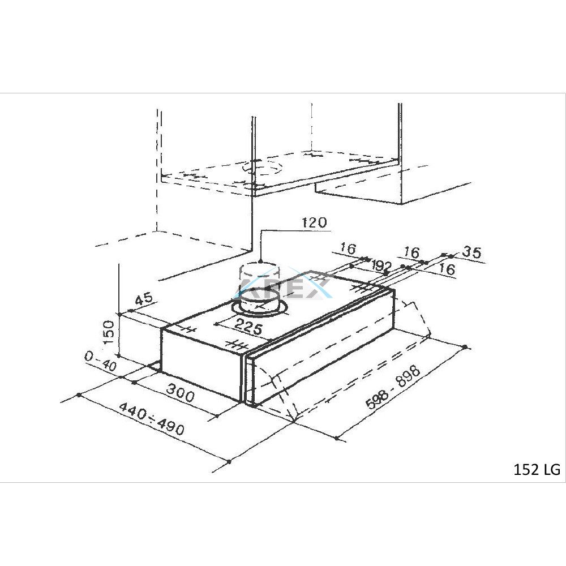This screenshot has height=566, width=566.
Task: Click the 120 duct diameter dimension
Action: click(x=314, y=222)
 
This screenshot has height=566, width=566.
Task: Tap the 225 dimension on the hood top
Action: click(x=248, y=327)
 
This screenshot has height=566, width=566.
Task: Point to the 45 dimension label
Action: click(x=144, y=299)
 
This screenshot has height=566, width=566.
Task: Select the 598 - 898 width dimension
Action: click(x=393, y=387)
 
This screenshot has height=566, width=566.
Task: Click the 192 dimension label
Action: click(x=382, y=267)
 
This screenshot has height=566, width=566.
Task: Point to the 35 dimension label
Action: click(x=471, y=252)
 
